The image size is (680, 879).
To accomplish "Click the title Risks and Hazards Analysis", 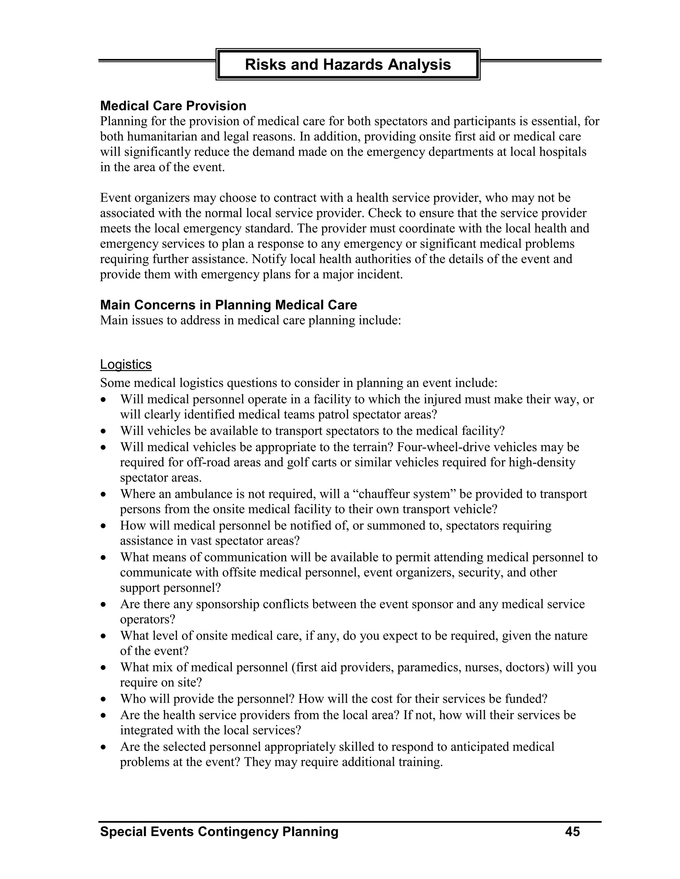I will (x=348, y=64).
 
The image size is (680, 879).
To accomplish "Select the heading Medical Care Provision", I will (x=173, y=106).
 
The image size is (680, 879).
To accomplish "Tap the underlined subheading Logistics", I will (x=126, y=364).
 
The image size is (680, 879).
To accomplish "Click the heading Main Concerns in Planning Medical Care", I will (x=228, y=305).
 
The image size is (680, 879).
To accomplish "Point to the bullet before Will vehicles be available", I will (x=104, y=432).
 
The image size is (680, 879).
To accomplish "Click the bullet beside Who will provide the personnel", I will (x=104, y=700).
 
